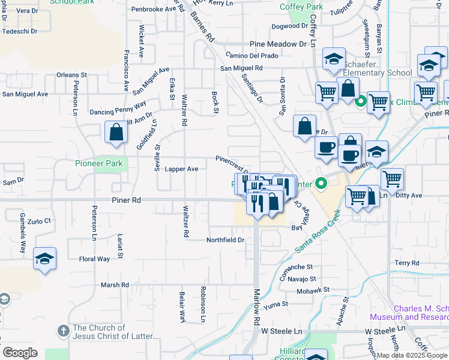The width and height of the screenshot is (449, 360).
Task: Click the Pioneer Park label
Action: (99, 163)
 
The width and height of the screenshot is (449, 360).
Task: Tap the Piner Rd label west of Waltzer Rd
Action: (125, 200)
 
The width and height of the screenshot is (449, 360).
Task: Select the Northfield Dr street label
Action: (225, 240)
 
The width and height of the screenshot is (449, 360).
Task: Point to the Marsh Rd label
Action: (115, 285)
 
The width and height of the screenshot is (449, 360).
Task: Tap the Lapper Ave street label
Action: (181, 169)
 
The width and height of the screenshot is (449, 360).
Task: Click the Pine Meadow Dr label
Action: (278, 44)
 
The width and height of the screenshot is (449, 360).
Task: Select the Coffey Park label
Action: (301, 7)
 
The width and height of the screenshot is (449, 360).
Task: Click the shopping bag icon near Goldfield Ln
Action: (116, 133)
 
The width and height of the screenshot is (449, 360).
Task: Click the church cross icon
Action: (64, 331)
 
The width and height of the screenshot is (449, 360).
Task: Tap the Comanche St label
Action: (297, 266)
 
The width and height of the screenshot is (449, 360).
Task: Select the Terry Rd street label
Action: (406, 263)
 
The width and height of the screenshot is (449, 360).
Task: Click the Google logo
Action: (20, 353)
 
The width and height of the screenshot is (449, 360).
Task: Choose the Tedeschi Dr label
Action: (19, 31)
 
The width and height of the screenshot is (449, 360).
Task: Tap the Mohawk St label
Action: (313, 290)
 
